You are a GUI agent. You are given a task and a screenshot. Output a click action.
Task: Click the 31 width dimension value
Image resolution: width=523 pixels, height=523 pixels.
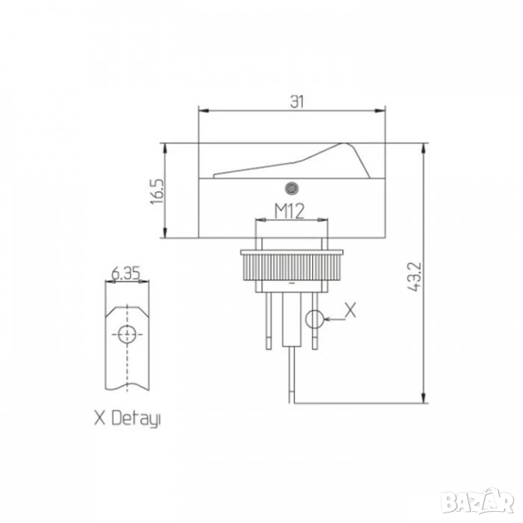[297, 102]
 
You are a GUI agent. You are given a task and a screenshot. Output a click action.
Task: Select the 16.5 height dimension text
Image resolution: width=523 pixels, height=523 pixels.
[157, 192]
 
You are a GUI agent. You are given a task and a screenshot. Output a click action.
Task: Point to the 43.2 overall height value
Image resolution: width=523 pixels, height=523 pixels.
[415, 277]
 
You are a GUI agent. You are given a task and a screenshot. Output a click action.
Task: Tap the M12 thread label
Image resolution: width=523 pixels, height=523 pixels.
[290, 211]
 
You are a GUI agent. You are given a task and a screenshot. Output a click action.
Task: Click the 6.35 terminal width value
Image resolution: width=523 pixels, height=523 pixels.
[126, 274]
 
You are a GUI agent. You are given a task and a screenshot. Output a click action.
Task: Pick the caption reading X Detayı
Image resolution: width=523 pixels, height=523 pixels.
[128, 418]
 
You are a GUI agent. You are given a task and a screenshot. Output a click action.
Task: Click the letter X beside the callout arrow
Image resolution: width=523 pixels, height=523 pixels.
[350, 310]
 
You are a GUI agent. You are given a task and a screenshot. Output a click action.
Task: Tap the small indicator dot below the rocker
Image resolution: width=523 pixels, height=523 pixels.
[292, 188]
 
